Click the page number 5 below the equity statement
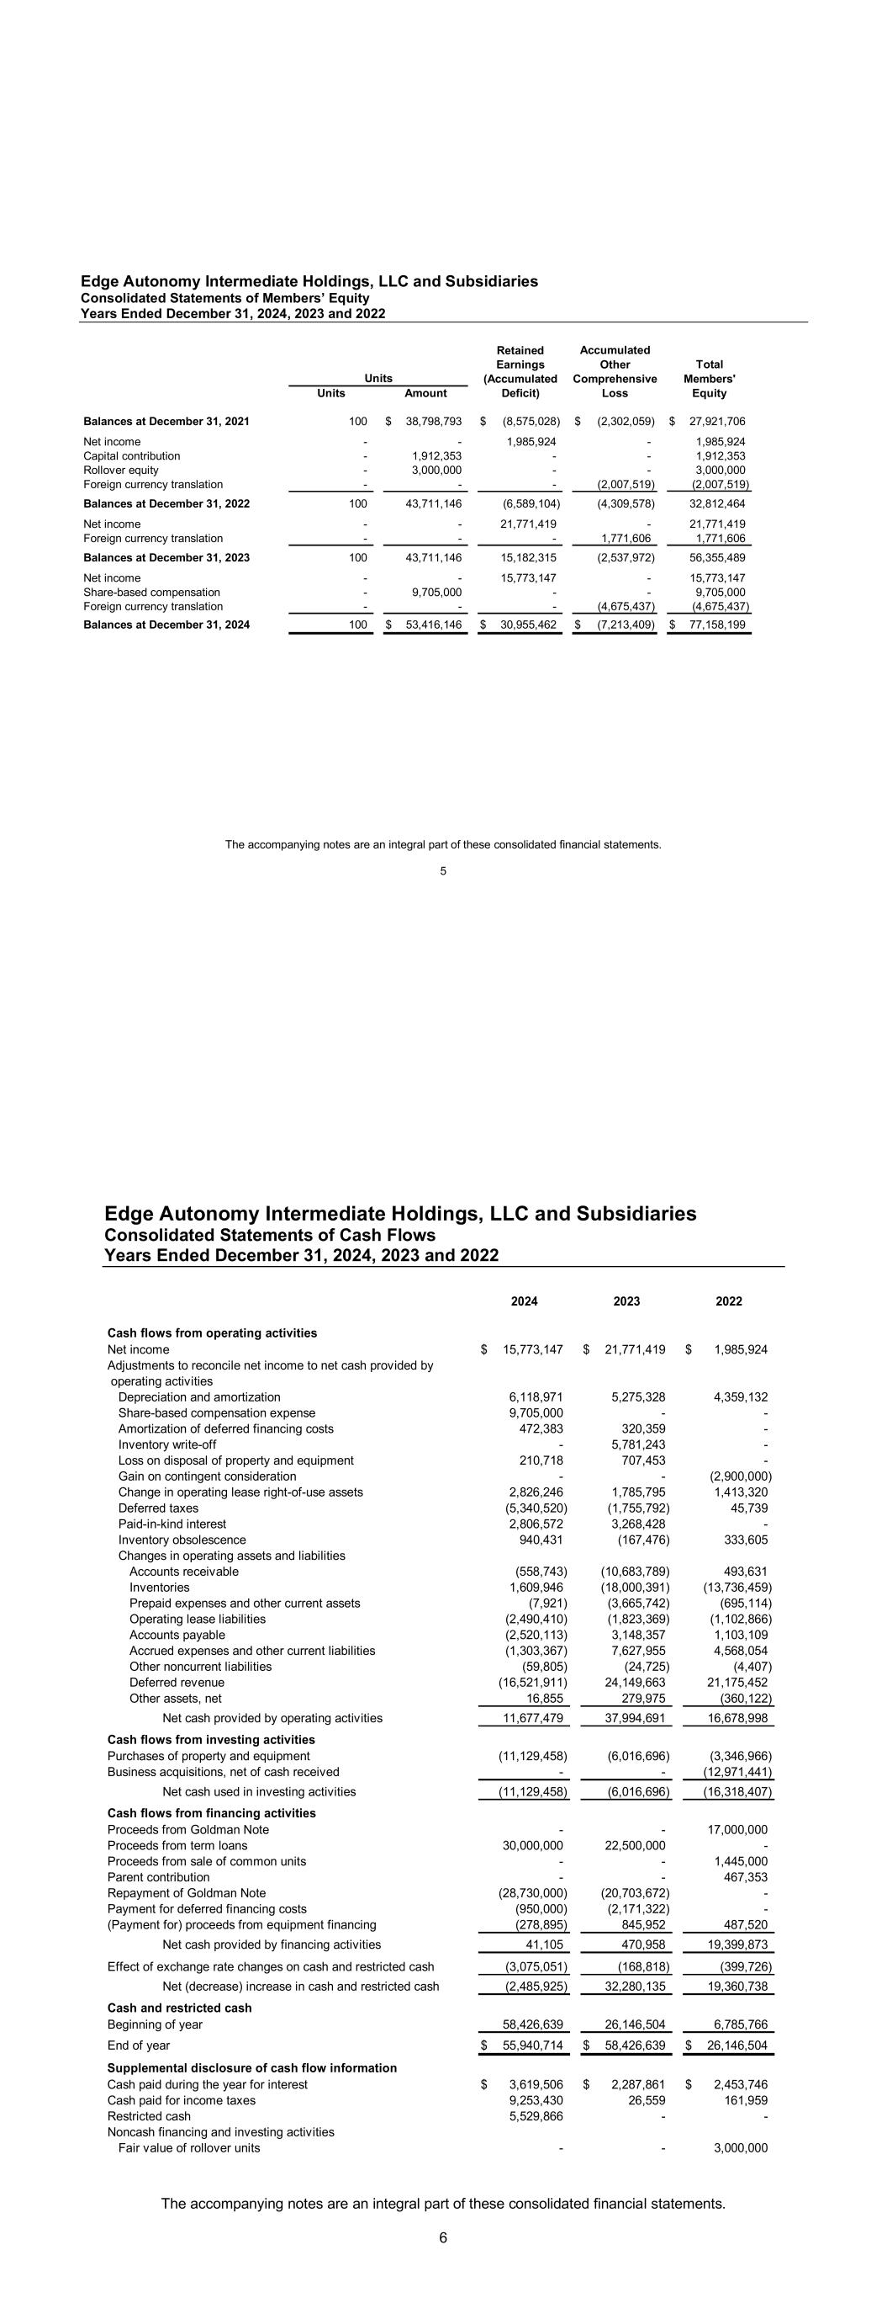coord(443,871)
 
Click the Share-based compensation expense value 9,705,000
coord(533,1413)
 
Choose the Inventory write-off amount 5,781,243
coord(636,1444)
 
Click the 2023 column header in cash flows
coord(626,1301)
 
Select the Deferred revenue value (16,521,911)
coord(532,1683)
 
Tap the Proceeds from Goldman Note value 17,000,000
coord(737,1830)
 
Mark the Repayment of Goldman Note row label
coord(187,1893)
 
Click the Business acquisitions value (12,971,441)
coord(736,1772)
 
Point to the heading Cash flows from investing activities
coord(211,1740)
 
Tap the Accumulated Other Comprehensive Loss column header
coord(615,371)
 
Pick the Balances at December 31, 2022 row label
coord(166,504)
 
